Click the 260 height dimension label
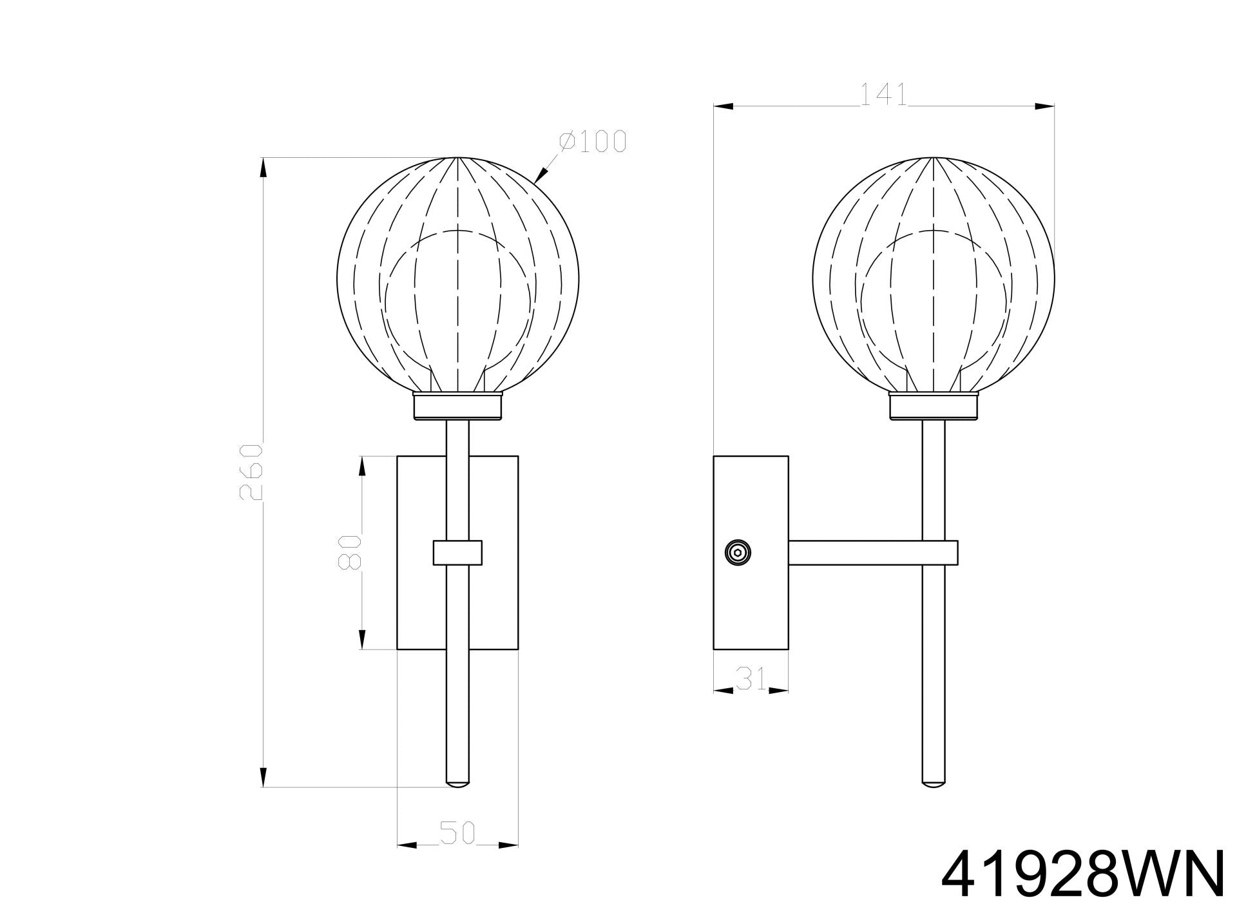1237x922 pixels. point(251,472)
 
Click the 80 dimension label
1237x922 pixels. point(350,552)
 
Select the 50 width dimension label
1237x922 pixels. point(457,832)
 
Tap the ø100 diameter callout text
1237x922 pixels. point(593,142)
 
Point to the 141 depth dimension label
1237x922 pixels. point(883,95)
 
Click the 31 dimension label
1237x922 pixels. point(751,678)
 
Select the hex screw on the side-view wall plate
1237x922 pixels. point(738,552)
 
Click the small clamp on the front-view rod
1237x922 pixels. point(457,553)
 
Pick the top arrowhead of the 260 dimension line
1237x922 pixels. point(263,169)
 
